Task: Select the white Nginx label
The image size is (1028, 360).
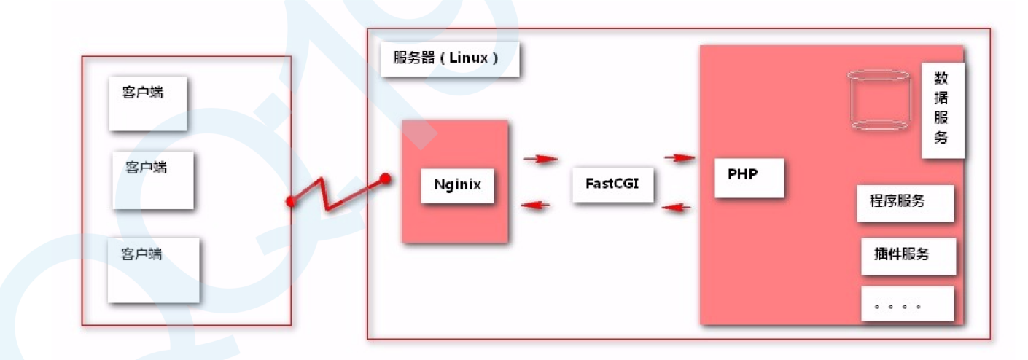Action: pos(458,184)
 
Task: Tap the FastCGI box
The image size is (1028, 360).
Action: pos(612,184)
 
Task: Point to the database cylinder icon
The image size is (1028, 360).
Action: pos(881,101)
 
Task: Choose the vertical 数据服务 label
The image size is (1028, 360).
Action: pos(942,109)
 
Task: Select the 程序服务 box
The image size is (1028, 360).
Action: pos(905,203)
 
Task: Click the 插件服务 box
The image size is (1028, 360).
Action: pos(908,256)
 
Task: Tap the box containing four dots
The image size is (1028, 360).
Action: pos(907,304)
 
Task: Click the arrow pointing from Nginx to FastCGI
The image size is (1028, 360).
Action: pos(540,159)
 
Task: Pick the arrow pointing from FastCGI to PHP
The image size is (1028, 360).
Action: pos(678,157)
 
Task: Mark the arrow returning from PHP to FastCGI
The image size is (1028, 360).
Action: pos(676,208)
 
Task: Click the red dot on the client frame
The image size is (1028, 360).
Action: pos(291,201)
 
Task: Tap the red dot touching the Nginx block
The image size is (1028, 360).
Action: pos(385,178)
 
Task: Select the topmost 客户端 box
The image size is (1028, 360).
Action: pos(148,103)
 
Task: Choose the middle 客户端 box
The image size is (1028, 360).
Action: pos(153,180)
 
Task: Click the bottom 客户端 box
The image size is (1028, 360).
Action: pos(153,270)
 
